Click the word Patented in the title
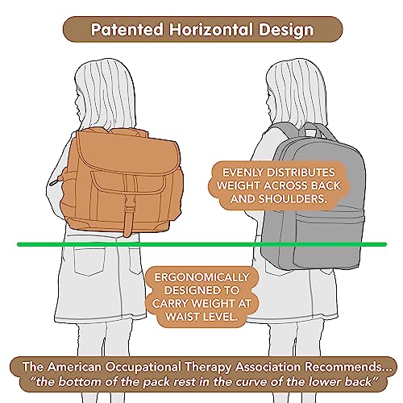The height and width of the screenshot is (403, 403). coord(127,29)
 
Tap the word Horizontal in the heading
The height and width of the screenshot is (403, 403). coord(211,29)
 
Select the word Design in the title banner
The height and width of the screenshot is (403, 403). coord(286,30)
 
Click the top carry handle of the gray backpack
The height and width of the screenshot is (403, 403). coord(311,130)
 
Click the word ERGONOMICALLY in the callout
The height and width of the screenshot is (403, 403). coord(201,277)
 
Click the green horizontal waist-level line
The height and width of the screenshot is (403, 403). coord(201,244)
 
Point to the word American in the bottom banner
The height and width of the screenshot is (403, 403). coord(74,367)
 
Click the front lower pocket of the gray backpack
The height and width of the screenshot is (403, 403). coord(328,239)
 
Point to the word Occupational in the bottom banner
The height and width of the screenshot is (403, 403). coord(143,368)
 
